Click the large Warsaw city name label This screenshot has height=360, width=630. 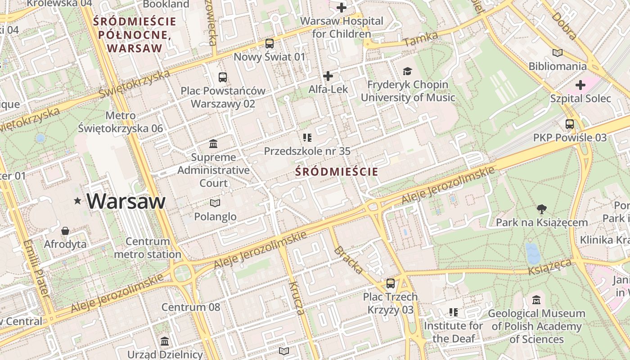click(126, 201)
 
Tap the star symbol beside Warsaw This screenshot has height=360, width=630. click(78, 201)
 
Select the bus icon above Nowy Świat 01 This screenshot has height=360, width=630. click(270, 44)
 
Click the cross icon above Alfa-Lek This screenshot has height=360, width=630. click(328, 76)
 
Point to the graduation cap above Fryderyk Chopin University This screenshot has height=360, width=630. click(407, 71)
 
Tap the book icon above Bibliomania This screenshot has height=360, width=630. click(558, 53)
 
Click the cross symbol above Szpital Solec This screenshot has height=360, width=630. click(580, 85)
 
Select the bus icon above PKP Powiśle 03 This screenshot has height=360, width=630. click(570, 124)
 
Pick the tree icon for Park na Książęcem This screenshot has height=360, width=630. click(542, 209)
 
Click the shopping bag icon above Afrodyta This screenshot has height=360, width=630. click(65, 231)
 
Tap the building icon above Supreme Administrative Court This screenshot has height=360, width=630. click(213, 144)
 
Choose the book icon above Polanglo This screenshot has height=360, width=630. click(215, 203)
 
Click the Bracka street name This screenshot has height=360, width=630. click(348, 260)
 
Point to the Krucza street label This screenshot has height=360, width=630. click(297, 298)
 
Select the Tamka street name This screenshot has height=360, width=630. click(421, 39)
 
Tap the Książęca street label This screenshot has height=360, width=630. click(549, 267)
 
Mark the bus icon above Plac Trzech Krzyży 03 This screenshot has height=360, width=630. click(391, 283)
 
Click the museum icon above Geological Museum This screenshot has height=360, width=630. click(536, 300)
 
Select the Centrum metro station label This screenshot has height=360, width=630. click(148, 248)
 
